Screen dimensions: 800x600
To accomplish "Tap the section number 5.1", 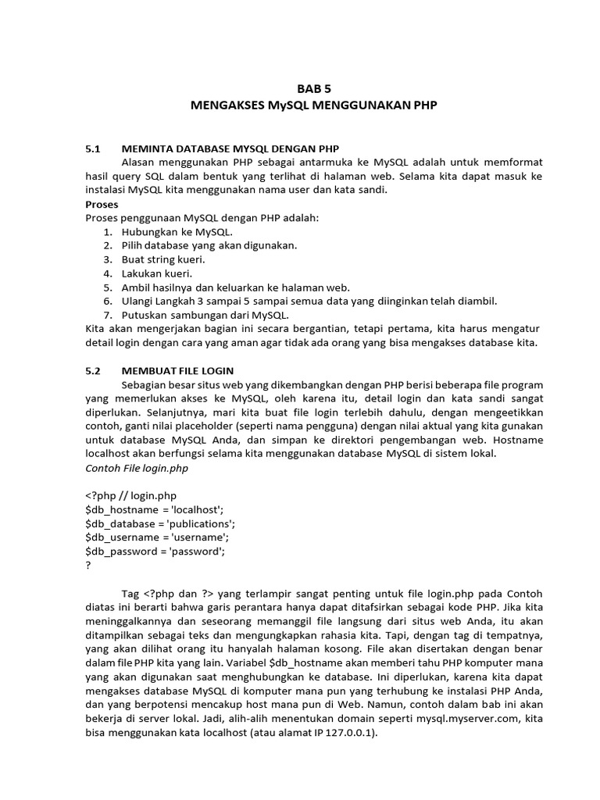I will [x=94, y=148].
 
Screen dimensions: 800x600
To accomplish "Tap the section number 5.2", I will [x=94, y=370].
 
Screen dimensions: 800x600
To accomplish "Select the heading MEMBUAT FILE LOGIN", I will [x=178, y=370].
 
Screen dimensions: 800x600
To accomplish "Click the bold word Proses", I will [x=102, y=204].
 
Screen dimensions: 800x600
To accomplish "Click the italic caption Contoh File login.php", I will [x=136, y=468].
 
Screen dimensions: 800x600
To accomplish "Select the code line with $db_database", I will [x=159, y=523].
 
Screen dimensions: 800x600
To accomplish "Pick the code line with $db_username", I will [x=156, y=537].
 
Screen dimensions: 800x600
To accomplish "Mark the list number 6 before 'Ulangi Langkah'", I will [x=108, y=301].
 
